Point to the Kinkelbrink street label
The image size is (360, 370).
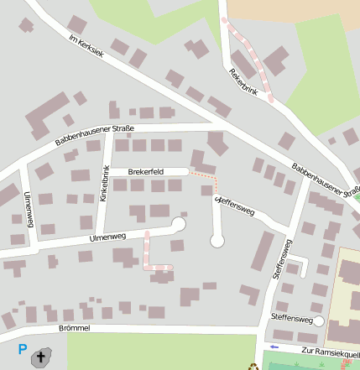pyautogui.click(x=105, y=185)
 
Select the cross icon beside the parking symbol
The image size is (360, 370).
pyautogui.click(x=39, y=359)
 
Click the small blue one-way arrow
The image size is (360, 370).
pyautogui.click(x=274, y=346)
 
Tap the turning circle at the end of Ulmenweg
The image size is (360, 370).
pyautogui.click(x=178, y=223)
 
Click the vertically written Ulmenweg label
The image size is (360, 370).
pyautogui.click(x=29, y=210)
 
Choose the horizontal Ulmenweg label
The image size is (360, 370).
pyautogui.click(x=107, y=238)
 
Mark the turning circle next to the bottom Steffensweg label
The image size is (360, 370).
pyautogui.click(x=319, y=320)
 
